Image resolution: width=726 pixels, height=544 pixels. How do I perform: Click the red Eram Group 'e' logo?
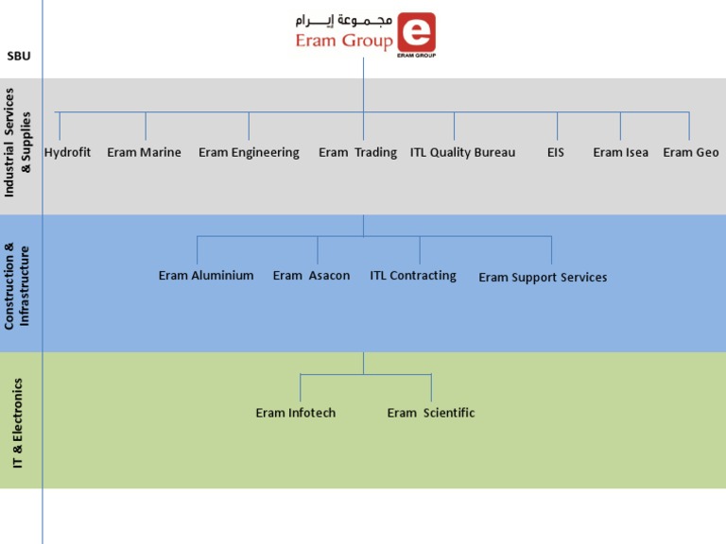tap(417, 33)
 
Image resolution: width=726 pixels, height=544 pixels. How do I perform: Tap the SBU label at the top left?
tap(19, 57)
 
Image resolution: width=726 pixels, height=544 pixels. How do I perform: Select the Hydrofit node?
tap(67, 152)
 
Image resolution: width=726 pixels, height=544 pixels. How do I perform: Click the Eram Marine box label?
tap(144, 152)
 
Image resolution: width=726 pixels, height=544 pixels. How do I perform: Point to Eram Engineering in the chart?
tap(249, 152)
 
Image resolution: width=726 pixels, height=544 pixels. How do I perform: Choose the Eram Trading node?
tap(357, 152)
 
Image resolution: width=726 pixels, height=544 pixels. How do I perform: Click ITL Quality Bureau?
tap(462, 152)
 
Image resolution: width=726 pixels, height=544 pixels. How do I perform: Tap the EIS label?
tap(555, 152)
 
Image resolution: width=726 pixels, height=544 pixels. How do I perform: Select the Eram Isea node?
tap(620, 152)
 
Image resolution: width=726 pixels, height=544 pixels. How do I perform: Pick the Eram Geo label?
tap(690, 152)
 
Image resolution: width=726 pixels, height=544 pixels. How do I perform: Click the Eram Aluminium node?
tap(206, 276)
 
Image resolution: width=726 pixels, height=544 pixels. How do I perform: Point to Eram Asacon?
tap(311, 276)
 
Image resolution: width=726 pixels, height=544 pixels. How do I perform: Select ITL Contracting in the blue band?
tap(412, 276)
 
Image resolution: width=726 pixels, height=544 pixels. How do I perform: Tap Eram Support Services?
tap(543, 278)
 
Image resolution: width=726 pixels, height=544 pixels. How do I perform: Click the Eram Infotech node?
tap(295, 413)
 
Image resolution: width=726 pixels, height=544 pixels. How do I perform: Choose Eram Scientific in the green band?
tap(430, 413)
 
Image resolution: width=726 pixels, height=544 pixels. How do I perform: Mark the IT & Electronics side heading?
tap(19, 423)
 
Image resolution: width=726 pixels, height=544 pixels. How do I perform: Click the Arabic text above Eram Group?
tap(340, 20)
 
